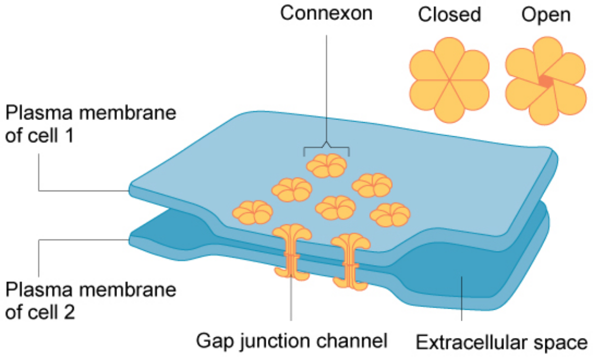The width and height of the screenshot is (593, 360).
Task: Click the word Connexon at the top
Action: (x=326, y=13)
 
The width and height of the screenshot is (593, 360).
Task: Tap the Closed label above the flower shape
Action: (x=449, y=15)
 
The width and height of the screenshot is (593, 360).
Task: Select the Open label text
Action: (x=545, y=15)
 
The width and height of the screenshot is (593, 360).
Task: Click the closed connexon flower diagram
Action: (x=449, y=80)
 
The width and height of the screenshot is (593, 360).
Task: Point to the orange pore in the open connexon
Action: (x=546, y=81)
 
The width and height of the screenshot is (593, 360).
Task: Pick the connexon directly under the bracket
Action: (x=326, y=166)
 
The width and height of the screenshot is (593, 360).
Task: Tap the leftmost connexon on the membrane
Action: (x=253, y=211)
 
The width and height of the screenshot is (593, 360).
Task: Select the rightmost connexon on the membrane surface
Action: (x=390, y=213)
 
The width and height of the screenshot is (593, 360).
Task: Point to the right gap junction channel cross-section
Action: (x=351, y=260)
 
